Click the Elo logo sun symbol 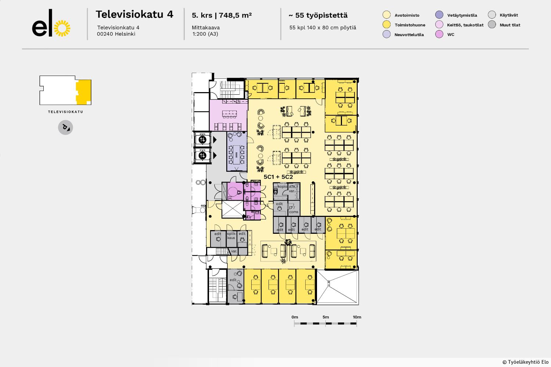[x=62, y=28]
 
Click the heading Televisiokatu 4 [x=134, y=15]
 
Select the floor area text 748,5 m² [x=235, y=15]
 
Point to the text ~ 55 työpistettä [x=318, y=15]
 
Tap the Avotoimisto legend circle [x=386, y=15]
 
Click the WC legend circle [x=439, y=34]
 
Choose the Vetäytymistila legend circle [x=439, y=15]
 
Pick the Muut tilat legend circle [x=492, y=24]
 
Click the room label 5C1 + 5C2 [x=278, y=177]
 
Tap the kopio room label [x=282, y=186]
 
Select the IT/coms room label [x=293, y=210]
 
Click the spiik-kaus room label [x=231, y=236]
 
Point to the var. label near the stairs [x=234, y=251]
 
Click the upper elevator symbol [x=202, y=139]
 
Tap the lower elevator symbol [x=202, y=155]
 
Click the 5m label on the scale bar [x=326, y=317]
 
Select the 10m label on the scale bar [x=357, y=317]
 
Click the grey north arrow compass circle [x=65, y=127]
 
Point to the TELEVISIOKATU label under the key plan [x=65, y=112]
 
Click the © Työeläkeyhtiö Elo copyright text [x=525, y=362]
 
